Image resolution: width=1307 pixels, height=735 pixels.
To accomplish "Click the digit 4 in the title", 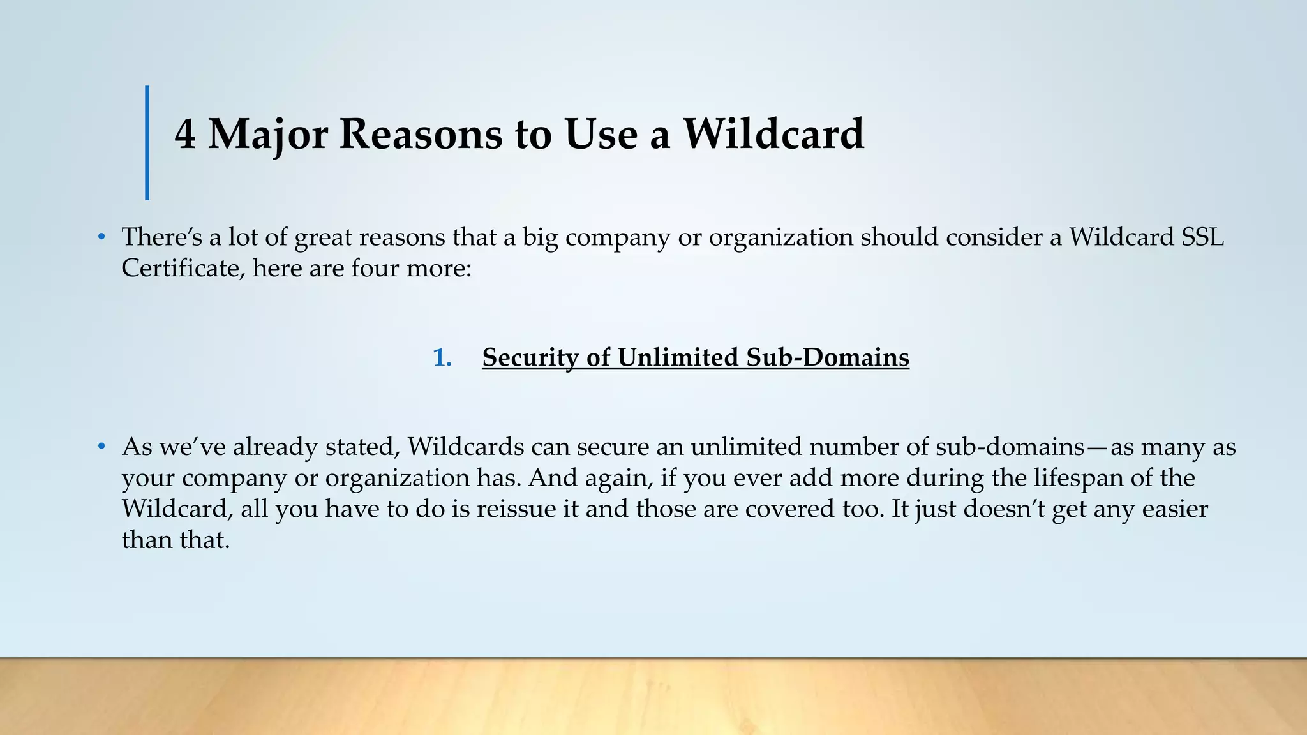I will coord(185,135).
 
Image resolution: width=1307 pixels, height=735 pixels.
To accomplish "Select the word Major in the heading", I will coord(268,135).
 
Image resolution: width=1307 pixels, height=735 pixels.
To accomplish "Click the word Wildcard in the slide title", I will coord(773,135).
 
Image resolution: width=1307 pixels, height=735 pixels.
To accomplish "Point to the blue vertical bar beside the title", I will coord(147,142).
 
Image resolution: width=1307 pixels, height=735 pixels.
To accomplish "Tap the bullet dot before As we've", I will coord(101,447).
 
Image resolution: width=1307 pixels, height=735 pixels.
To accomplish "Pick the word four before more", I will coord(372,268).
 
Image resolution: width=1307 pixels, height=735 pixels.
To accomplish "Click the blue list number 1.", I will coord(442,357).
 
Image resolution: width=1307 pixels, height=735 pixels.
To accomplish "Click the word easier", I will coord(1175,509).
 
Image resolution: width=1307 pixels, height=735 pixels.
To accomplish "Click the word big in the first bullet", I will coord(540,237).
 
